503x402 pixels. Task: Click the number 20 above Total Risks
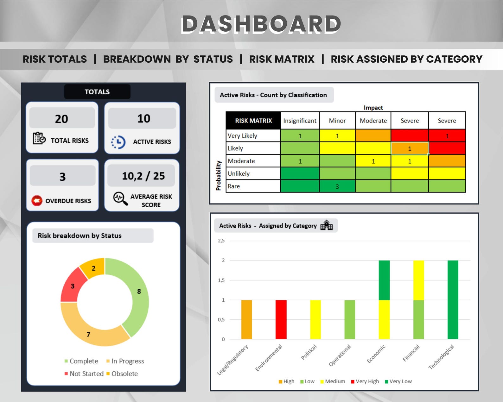click(x=62, y=119)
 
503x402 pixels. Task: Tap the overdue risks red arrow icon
click(x=37, y=200)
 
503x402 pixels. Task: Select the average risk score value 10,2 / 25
click(x=143, y=176)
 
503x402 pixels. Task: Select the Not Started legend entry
click(x=84, y=374)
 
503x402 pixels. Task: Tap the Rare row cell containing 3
click(x=337, y=186)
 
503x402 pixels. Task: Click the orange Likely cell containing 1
click(x=410, y=148)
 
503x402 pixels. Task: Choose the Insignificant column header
click(x=300, y=121)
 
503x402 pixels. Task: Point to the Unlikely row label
click(x=239, y=174)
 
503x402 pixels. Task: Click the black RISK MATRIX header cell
click(x=253, y=121)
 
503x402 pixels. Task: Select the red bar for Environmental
click(x=281, y=319)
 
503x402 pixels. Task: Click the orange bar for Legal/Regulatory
click(x=246, y=319)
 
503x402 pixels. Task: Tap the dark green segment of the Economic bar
click(x=384, y=280)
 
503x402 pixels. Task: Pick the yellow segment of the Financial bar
click(x=418, y=280)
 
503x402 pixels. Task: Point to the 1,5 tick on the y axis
click(x=221, y=280)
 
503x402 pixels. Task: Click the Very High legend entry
click(x=365, y=381)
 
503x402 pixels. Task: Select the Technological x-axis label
click(x=442, y=357)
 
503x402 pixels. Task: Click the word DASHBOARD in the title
click(x=261, y=24)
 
